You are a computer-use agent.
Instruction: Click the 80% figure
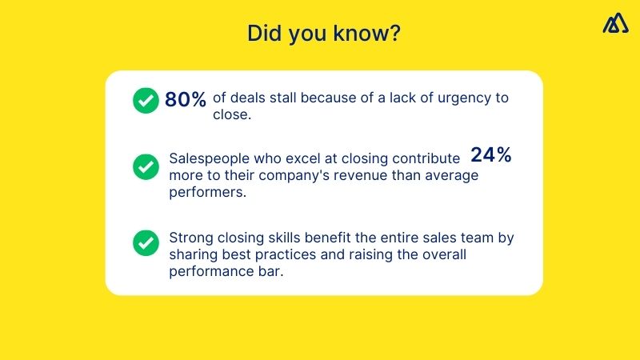[186, 99]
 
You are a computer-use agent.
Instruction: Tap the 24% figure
[490, 155]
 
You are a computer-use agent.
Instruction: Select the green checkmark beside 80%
[145, 100]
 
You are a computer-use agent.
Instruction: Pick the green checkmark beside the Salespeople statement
[145, 166]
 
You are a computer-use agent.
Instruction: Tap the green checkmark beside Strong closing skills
[145, 241]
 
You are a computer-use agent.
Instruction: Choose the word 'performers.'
[206, 192]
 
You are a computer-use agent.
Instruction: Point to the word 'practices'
[274, 255]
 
